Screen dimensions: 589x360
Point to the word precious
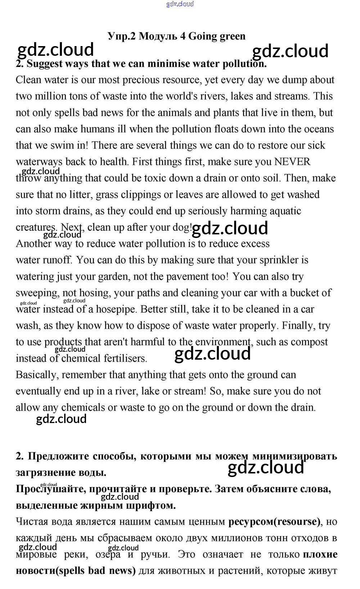(x=145, y=80)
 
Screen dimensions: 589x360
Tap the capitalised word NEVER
(x=292, y=162)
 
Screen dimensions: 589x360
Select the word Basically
(x=37, y=375)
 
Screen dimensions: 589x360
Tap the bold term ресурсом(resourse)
(x=274, y=521)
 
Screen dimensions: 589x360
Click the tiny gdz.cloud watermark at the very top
(x=180, y=4)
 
